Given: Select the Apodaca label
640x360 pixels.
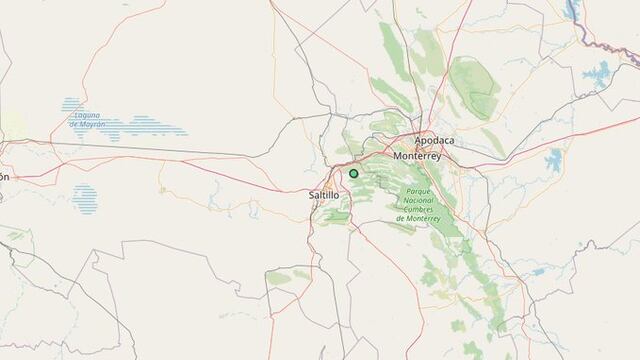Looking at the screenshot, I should click(x=434, y=141).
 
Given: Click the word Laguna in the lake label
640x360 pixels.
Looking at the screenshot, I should click(x=86, y=114).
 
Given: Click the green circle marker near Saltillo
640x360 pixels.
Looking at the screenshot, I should click(x=353, y=173).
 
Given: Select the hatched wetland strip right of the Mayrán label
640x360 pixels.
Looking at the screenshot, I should click(x=155, y=127).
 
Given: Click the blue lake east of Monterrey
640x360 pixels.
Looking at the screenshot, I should click(x=554, y=161).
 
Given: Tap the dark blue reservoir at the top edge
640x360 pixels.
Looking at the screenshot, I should click(x=572, y=10).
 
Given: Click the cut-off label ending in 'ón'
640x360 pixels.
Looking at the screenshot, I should click(x=4, y=177).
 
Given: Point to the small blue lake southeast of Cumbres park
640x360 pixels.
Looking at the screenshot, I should click(x=538, y=270).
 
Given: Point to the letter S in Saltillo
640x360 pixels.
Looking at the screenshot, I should click(x=314, y=195).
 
